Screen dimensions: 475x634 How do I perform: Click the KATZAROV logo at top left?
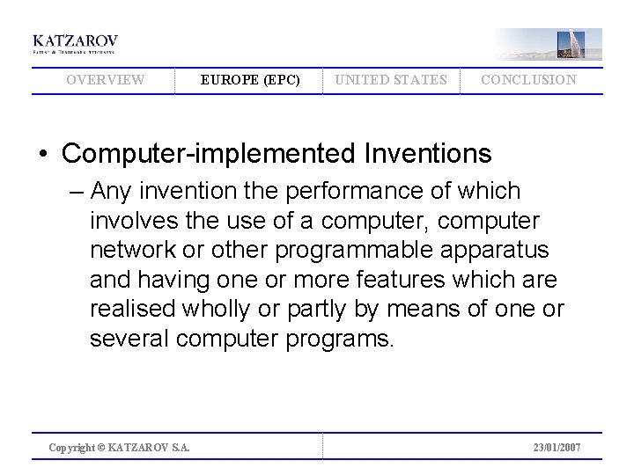pyautogui.click(x=75, y=43)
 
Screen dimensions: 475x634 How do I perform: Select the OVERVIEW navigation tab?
pyautogui.click(x=106, y=80)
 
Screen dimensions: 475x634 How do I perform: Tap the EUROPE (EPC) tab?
pyautogui.click(x=250, y=80)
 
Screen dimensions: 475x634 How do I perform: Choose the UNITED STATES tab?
pyautogui.click(x=390, y=80)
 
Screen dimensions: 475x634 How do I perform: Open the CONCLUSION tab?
pyautogui.click(x=528, y=80)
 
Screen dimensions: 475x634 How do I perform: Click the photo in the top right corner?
pyautogui.click(x=548, y=43)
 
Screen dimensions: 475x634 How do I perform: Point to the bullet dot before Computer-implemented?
pyautogui.click(x=42, y=155)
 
